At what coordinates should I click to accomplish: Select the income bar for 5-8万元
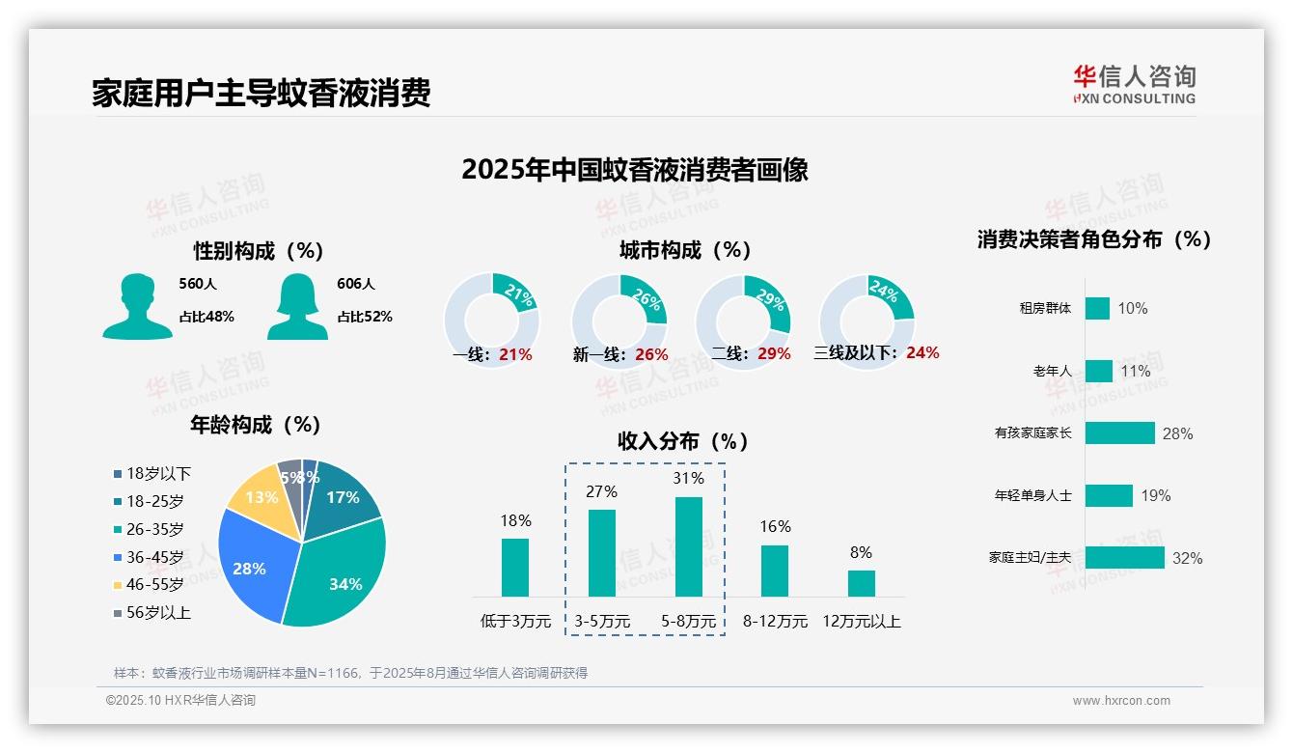pyautogui.click(x=689, y=546)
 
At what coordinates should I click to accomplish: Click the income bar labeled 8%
pyautogui.click(x=861, y=583)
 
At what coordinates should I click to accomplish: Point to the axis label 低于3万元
pyautogui.click(x=514, y=621)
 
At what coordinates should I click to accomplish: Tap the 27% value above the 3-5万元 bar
pyautogui.click(x=601, y=491)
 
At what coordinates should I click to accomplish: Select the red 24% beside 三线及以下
pyautogui.click(x=922, y=352)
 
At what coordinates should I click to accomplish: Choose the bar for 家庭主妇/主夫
pyautogui.click(x=1124, y=558)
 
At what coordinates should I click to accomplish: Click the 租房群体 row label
pyautogui.click(x=1045, y=308)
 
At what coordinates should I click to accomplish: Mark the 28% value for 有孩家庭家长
pyautogui.click(x=1177, y=433)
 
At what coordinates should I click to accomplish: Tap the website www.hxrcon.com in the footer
pyautogui.click(x=1121, y=701)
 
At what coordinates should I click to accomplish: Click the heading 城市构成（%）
pyautogui.click(x=685, y=250)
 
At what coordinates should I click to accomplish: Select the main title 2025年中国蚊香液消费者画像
pyautogui.click(x=634, y=170)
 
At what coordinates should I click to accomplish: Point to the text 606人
pyautogui.click(x=355, y=284)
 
